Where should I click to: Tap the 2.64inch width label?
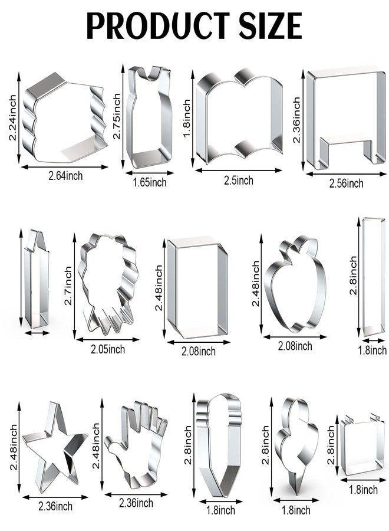pos(65,176)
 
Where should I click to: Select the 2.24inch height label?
pos(12,117)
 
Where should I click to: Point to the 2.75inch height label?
pos(117,116)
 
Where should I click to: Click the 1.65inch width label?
pos(150,182)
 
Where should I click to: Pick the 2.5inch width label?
pos(239,180)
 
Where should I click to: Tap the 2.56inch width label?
pos(347,183)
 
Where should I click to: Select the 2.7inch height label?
pos(68,286)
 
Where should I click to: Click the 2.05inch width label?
pos(108,349)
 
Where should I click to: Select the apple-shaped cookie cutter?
pos(295,284)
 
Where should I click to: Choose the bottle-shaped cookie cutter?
pos(149,116)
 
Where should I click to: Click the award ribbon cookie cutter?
pos(108,284)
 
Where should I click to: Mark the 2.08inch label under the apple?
pos(295,346)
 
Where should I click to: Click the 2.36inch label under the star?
pos(55,506)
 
